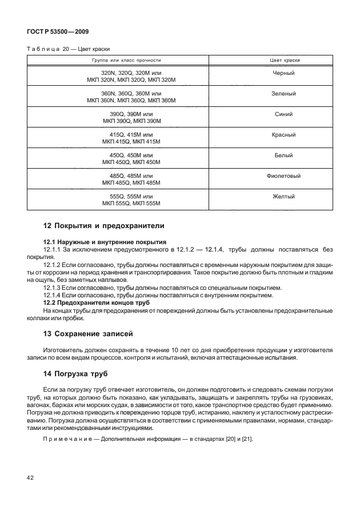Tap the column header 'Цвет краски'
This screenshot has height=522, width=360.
(284, 60)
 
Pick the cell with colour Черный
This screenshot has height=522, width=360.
(284, 73)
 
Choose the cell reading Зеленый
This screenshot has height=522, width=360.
(284, 93)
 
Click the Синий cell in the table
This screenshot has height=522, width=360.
(284, 114)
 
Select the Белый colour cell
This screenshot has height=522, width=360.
(284, 155)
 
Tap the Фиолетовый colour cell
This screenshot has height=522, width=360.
(284, 176)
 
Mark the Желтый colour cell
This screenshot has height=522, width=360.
(284, 196)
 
